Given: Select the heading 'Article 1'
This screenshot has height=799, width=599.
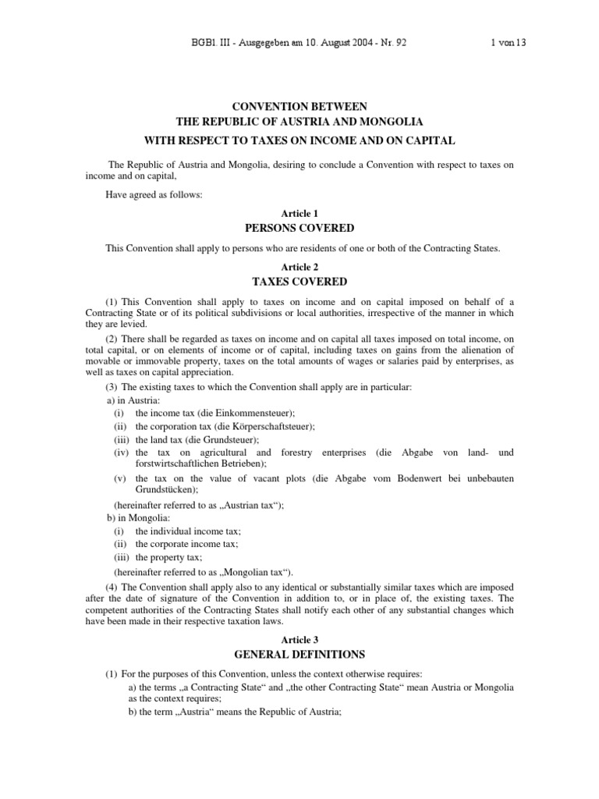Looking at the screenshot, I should (x=299, y=213).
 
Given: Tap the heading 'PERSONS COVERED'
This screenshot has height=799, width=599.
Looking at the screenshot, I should (x=299, y=228).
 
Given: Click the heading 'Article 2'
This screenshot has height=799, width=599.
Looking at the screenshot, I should (x=299, y=267).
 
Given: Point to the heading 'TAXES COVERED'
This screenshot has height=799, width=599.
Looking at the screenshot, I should (x=299, y=282).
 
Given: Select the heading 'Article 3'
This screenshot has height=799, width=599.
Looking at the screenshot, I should (x=299, y=639).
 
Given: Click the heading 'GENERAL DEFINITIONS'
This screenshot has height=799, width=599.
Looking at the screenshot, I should (x=299, y=654).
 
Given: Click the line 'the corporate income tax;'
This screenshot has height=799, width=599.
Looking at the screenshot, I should (x=187, y=544).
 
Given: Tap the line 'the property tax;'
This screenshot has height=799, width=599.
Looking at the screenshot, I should (x=169, y=557).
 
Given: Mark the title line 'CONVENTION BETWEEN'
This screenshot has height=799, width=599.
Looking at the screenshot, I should (x=299, y=106).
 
